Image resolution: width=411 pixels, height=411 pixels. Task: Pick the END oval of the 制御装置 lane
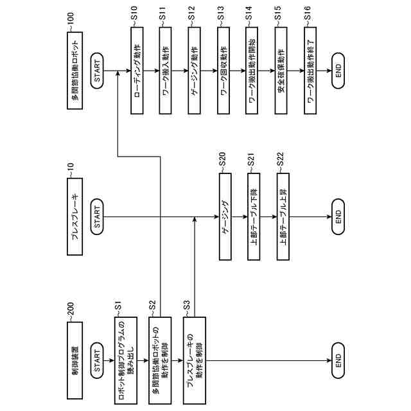(340, 361)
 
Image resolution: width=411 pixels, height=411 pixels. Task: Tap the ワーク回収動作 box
(224, 72)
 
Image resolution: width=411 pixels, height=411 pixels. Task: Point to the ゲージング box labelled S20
(224, 216)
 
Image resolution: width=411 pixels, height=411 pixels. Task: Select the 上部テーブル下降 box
(253, 216)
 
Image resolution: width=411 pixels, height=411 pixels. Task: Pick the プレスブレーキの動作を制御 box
(196, 360)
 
